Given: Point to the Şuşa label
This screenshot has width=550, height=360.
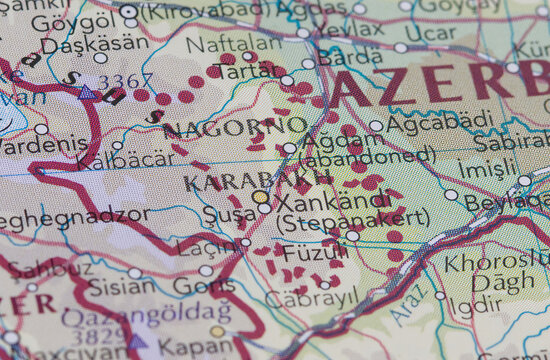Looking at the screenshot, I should tap(229, 214).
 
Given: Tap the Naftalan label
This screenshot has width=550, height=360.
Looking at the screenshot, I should tap(221, 45).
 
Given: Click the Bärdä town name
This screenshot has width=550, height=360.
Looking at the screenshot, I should tap(350, 57).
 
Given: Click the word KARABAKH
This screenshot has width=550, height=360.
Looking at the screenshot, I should tap(258, 181).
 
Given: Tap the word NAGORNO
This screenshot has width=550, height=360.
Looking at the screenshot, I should tap(236, 127).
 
